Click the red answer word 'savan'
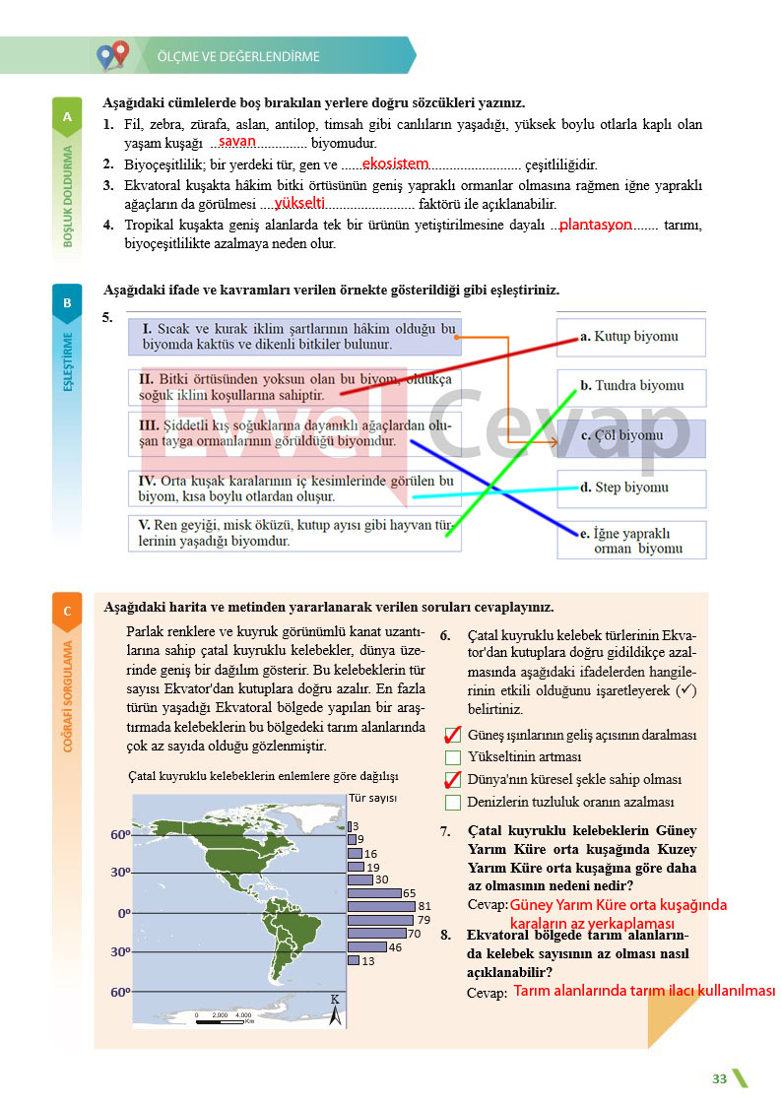[237, 141]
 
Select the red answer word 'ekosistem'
[396, 163]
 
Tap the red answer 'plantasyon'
[595, 225]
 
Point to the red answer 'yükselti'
[299, 203]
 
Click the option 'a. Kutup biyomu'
[629, 337]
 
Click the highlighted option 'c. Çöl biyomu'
[631, 438]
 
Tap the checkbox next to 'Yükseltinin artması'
[453, 757]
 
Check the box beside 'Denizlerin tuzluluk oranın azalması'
[453, 803]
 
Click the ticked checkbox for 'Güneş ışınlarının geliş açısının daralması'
[453, 735]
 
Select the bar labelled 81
[381, 906]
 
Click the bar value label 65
[410, 893]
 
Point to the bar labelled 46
[367, 946]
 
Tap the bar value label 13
[368, 961]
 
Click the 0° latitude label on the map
[124, 913]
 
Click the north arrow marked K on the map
[335, 1010]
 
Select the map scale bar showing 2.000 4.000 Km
[225, 1018]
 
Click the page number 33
[719, 1078]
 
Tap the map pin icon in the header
[113, 55]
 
